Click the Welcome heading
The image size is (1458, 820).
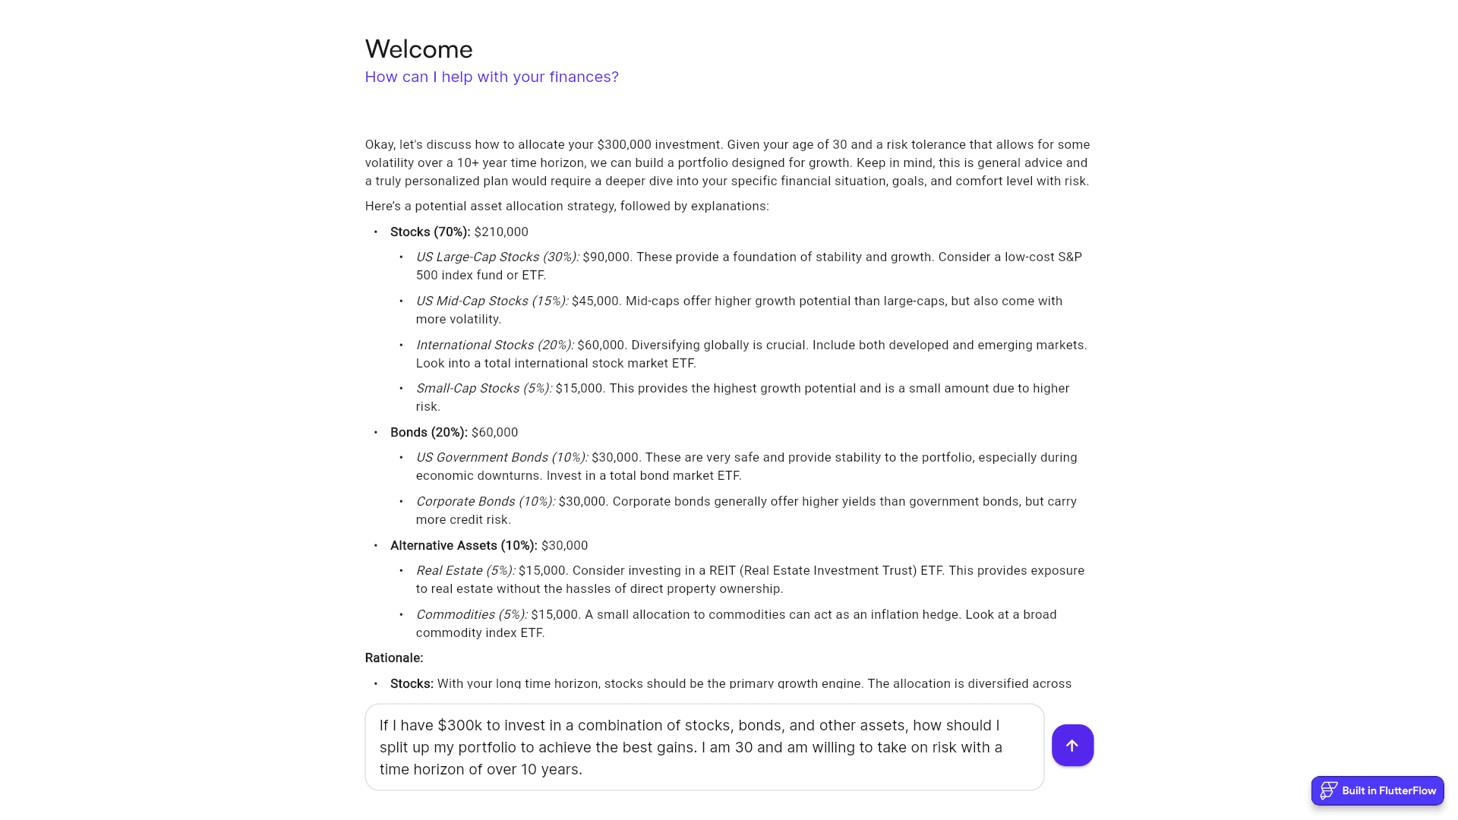coord(418,49)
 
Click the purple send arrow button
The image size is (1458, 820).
coord(1072,746)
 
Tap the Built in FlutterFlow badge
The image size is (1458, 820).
coord(1378,790)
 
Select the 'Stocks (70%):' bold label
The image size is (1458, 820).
coord(430,232)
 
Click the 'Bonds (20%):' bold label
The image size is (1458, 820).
coord(428,433)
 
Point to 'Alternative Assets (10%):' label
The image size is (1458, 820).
coord(463,546)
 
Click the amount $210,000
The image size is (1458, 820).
coord(501,232)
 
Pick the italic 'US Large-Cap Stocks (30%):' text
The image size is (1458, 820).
coord(497,257)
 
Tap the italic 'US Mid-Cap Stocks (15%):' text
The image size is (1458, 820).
coord(491,301)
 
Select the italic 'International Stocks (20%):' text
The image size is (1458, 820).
coord(494,345)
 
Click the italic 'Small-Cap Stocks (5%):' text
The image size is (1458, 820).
coord(484,389)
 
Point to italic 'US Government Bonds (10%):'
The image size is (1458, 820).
coord(501,458)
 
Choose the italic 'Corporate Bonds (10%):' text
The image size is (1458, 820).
coord(485,502)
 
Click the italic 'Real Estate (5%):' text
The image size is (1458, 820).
coord(465,571)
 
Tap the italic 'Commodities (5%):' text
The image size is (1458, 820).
coord(471,615)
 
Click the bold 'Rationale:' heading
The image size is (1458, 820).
coord(393,658)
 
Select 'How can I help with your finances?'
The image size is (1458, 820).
coord(491,77)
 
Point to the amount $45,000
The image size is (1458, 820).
coord(595,301)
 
